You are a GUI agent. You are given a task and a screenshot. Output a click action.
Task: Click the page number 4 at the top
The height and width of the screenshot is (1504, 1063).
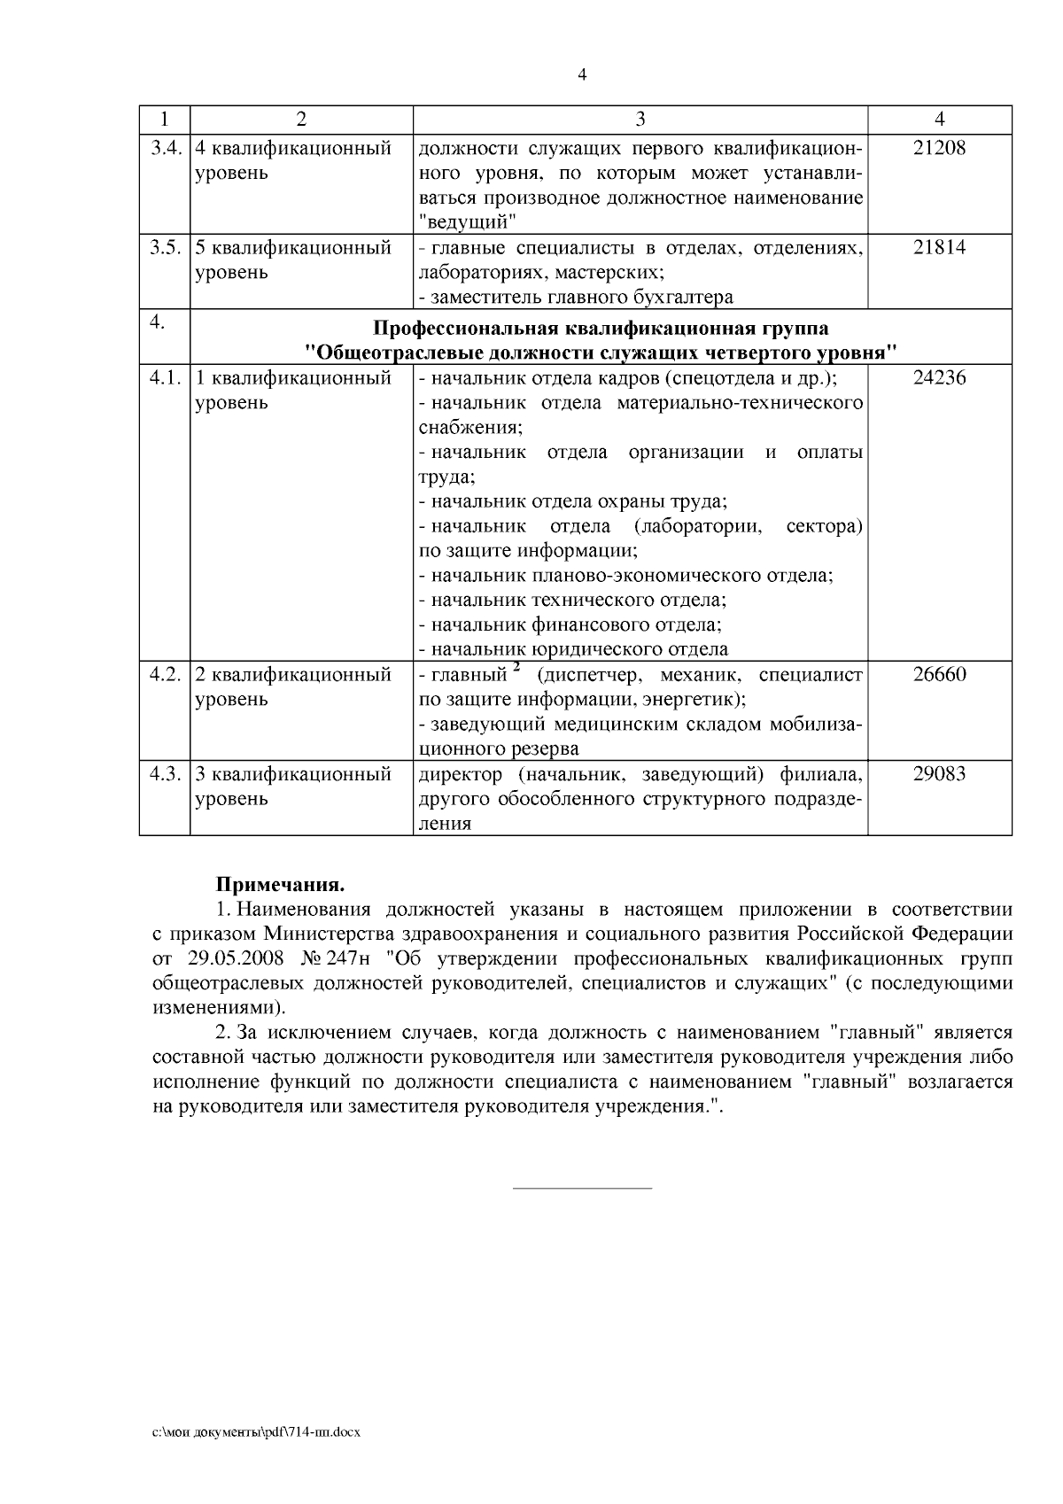[581, 75]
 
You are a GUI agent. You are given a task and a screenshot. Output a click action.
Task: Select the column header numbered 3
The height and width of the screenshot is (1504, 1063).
[640, 120]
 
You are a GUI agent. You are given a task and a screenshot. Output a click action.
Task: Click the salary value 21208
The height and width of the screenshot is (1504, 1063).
[939, 148]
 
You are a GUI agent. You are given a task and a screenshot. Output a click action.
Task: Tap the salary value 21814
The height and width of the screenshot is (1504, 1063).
[939, 247]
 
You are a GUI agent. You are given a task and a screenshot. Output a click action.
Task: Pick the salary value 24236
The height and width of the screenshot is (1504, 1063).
[939, 378]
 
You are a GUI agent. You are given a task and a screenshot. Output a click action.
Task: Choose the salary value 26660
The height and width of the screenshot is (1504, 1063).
[939, 675]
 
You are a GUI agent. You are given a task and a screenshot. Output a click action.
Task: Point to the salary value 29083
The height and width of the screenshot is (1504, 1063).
[939, 774]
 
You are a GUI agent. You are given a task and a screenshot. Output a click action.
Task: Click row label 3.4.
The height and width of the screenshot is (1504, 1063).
[165, 148]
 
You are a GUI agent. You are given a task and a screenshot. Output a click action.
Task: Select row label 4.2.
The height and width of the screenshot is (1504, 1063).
[165, 675]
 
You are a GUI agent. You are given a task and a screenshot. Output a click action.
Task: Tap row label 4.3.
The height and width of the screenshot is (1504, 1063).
[165, 774]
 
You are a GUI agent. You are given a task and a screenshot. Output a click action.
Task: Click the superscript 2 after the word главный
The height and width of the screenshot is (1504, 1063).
[516, 669]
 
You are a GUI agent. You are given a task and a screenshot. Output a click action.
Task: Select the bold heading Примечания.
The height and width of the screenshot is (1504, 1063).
[280, 885]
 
